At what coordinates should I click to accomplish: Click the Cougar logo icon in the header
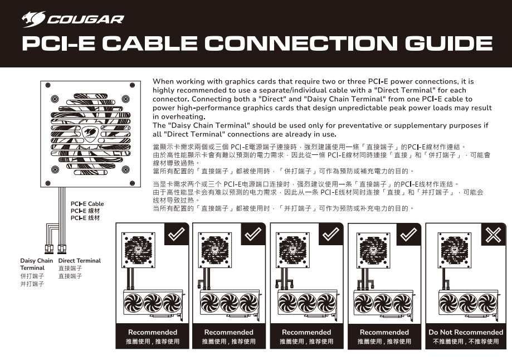tap(33, 19)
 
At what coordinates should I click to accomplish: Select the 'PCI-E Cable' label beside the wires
tap(87, 204)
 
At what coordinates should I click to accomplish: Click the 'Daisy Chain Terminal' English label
tap(36, 264)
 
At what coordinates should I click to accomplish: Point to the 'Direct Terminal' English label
tap(79, 261)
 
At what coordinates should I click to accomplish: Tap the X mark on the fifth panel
tap(494, 234)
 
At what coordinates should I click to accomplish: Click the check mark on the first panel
tap(177, 233)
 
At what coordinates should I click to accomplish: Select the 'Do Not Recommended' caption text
tap(466, 332)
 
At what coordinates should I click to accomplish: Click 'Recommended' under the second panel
tap(228, 332)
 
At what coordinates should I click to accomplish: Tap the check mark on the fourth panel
tap(408, 234)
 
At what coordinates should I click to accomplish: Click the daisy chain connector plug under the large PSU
tap(49, 249)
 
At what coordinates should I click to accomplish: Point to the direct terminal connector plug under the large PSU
tap(62, 249)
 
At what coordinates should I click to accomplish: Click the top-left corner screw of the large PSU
tap(48, 85)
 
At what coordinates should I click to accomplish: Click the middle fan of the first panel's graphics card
tap(153, 303)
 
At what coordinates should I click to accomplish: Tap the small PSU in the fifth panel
tap(454, 250)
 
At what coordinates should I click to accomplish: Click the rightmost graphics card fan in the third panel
tap(326, 303)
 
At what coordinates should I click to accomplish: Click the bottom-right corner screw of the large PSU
tap(132, 183)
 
